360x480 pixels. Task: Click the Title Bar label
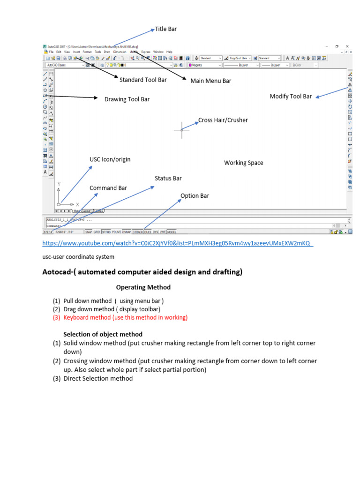click(166, 29)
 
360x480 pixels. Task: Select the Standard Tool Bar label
click(143, 80)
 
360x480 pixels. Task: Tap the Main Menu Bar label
click(210, 81)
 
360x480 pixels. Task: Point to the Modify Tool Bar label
click(291, 96)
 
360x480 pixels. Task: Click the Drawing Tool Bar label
click(127, 99)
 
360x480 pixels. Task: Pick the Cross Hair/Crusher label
click(223, 120)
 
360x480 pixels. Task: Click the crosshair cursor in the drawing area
click(182, 130)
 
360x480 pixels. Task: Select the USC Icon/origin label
click(110, 159)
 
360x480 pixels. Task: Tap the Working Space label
click(243, 163)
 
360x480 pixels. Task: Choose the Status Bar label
click(168, 178)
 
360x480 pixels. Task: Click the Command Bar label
click(108, 188)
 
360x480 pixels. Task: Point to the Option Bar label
click(195, 195)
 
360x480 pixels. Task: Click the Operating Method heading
click(143, 287)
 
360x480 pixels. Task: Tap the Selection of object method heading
click(103, 334)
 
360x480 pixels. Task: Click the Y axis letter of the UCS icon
click(59, 184)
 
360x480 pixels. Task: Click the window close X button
click(347, 46)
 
